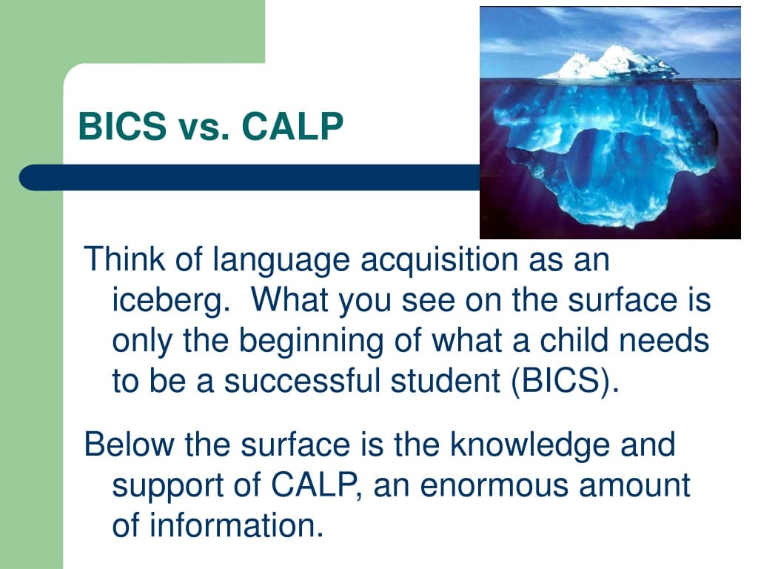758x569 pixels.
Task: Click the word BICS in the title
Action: (122, 126)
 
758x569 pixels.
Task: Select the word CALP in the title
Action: (292, 126)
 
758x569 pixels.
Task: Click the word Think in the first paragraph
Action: (124, 259)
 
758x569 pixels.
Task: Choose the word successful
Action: (302, 380)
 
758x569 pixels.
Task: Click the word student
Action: (445, 380)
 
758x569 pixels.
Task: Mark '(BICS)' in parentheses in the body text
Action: (564, 381)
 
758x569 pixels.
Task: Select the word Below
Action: (129, 444)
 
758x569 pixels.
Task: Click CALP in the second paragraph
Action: (314, 485)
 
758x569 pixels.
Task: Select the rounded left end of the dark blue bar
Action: (29, 177)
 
